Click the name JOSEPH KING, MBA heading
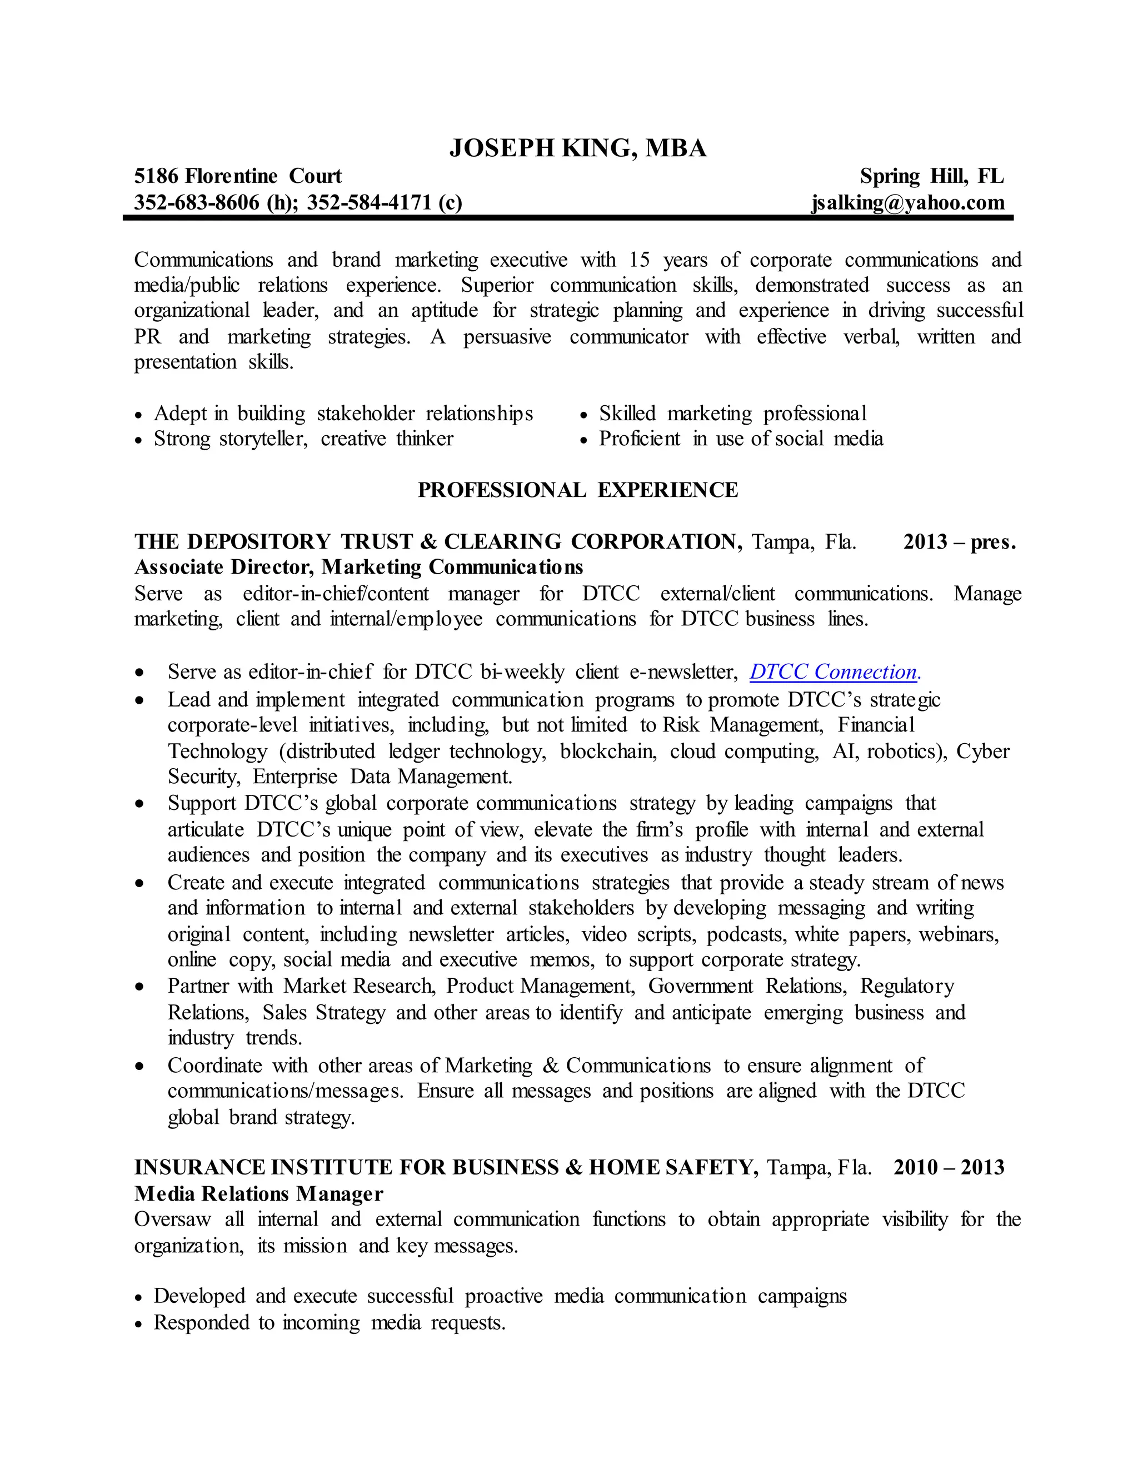[578, 148]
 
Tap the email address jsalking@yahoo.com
[907, 202]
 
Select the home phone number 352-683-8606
[196, 202]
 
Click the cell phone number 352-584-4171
[370, 202]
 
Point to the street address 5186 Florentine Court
[238, 176]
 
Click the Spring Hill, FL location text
[932, 176]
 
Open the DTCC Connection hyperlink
[834, 672]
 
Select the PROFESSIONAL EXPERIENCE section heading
[578, 490]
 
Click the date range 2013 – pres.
[959, 541]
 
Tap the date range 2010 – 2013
[949, 1167]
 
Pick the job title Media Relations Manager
[259, 1194]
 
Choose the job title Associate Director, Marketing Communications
[358, 567]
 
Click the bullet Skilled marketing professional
[732, 414]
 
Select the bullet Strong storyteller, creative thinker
[303, 439]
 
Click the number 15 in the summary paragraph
[639, 260]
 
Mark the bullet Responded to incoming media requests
[329, 1322]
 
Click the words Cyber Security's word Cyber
[982, 752]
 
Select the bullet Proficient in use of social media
[740, 439]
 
